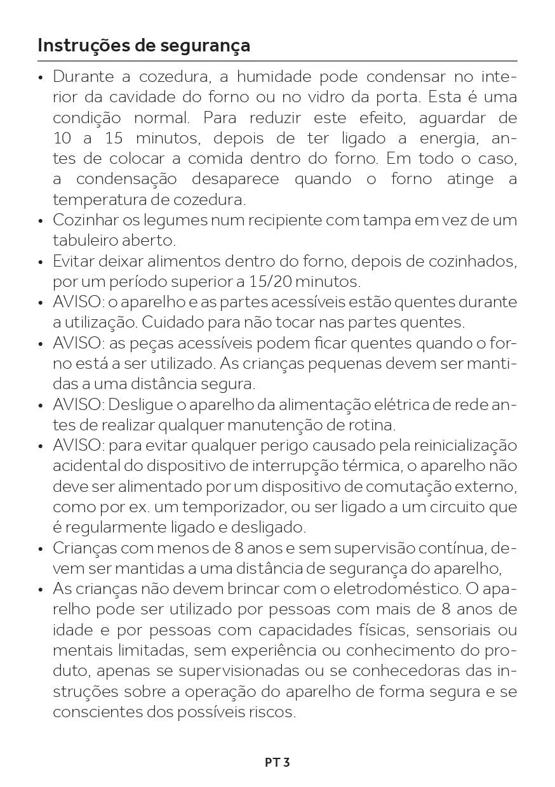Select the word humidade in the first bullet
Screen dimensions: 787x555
(274, 77)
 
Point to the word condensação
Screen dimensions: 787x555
(127, 180)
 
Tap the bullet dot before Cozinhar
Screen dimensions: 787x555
(41, 222)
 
